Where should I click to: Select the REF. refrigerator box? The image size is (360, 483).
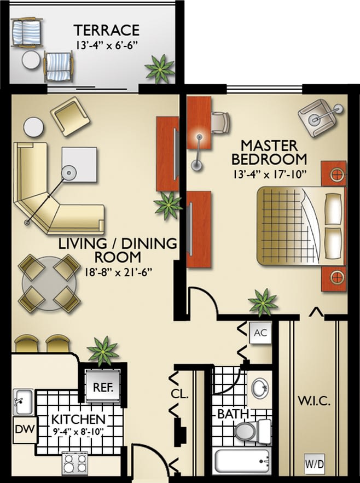tap(103, 387)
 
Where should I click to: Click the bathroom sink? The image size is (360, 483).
tap(260, 389)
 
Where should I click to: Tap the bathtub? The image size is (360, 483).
tap(241, 462)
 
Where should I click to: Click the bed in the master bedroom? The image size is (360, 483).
tap(301, 225)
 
